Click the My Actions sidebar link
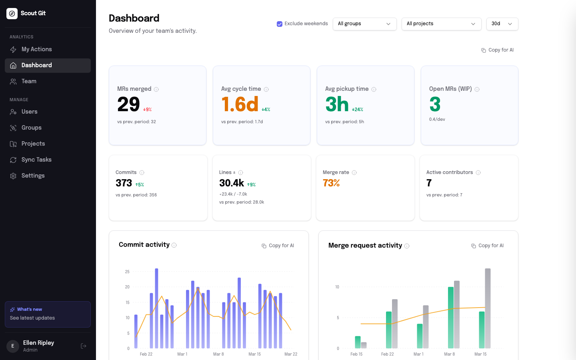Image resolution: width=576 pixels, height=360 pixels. coord(36,49)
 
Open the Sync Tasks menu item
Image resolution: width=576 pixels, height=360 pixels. coord(36,160)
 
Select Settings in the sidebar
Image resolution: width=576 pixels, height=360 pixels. coord(33,176)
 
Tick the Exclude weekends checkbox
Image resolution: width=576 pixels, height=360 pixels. coord(280,24)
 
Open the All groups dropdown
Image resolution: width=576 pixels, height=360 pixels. coord(364,24)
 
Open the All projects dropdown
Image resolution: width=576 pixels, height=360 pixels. coord(441,24)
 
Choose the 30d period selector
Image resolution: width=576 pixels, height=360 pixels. coord(502,24)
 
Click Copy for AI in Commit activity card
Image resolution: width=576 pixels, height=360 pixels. coord(278,246)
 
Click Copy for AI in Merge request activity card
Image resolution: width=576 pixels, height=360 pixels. coord(488,246)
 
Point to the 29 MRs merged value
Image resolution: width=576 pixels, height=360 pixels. coord(128,105)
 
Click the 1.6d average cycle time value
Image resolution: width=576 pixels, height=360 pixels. coord(240,105)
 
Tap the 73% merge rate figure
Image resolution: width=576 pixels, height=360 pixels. coord(331,183)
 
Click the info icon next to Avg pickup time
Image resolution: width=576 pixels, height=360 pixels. coord(374,89)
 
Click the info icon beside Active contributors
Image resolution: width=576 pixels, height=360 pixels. coord(478,173)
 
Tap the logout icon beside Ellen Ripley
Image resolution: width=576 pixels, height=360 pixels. coord(84,346)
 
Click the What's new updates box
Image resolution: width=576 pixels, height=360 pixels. coord(48,314)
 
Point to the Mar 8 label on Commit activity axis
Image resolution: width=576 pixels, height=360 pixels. coord(218,354)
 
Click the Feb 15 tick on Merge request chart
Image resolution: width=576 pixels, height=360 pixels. coord(356,354)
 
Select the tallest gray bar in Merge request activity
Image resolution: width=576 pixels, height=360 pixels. coord(488,308)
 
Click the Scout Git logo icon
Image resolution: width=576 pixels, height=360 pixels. coord(12,14)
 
